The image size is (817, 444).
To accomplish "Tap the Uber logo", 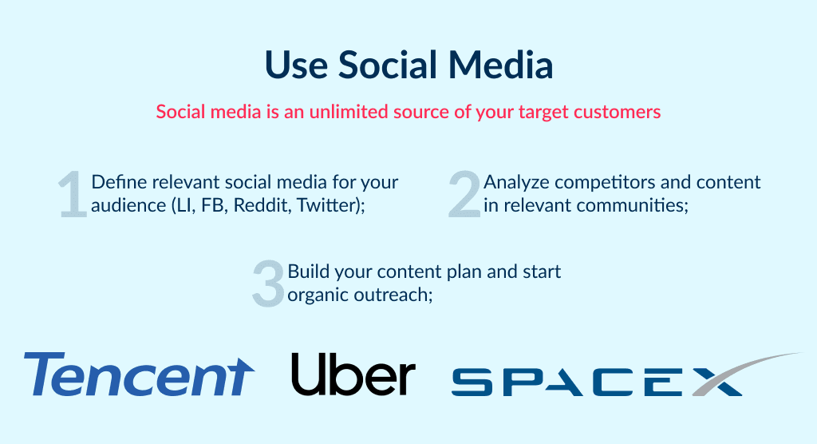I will coord(353,374).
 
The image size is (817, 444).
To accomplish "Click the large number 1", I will coord(73,194).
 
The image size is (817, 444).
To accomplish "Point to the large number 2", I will coord(464,194).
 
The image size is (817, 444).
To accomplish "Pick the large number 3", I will coord(267,283).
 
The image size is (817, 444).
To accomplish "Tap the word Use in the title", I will coord(297,65).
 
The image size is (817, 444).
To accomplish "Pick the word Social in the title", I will coord(388,65).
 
